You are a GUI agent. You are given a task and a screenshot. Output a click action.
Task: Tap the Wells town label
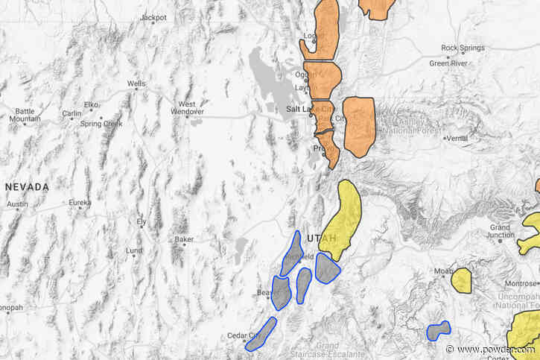136,84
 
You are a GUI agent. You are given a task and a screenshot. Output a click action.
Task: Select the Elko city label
92,104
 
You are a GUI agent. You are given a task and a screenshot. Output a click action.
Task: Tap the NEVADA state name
27,186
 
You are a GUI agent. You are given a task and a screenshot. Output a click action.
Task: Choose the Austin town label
17,204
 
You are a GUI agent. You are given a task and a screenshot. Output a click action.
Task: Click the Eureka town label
80,202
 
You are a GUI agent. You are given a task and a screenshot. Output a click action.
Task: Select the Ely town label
141,222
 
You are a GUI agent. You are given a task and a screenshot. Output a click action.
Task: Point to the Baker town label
183,239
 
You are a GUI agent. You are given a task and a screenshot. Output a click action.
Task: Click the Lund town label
135,250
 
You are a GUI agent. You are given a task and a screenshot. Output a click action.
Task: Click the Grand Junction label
500,231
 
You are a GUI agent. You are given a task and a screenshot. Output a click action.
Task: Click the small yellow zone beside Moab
462,280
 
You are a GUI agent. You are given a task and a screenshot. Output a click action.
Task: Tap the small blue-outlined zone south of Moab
439,330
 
